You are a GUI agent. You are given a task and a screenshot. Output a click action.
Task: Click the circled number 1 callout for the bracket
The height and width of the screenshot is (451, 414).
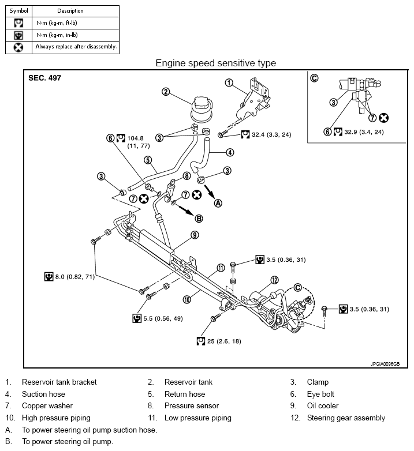click(229, 82)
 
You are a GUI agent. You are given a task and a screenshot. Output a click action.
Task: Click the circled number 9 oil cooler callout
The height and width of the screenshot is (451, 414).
click(195, 235)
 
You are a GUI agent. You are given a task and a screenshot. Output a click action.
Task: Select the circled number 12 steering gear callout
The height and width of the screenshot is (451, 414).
click(274, 280)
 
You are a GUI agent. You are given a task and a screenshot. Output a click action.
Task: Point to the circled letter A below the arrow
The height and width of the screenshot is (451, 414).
click(218, 202)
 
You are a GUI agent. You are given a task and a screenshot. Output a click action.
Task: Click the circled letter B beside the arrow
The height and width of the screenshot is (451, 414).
click(199, 218)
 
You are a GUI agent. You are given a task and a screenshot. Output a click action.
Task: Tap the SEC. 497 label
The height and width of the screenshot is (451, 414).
click(44, 78)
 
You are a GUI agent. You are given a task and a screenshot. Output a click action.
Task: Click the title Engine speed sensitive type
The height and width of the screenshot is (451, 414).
click(215, 63)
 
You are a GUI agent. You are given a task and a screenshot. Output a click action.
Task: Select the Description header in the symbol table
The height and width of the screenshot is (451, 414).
click(70, 11)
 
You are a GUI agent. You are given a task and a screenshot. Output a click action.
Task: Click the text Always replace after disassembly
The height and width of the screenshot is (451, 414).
click(76, 47)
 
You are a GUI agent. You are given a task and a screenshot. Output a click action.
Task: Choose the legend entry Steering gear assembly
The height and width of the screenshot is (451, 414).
click(346, 418)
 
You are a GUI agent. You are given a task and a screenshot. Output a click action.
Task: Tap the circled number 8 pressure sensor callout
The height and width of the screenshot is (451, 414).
click(187, 175)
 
